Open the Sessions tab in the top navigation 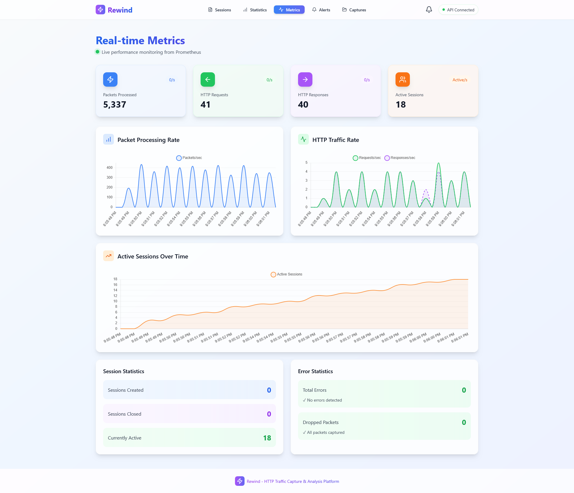point(220,10)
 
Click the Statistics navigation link point(255,10)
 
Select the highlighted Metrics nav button point(289,10)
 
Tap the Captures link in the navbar point(354,10)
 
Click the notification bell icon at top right point(429,10)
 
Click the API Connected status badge point(458,10)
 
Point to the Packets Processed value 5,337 point(115,105)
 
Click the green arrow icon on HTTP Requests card point(207,79)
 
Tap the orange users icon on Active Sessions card point(402,79)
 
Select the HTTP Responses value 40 point(303,105)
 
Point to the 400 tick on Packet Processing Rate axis point(109,168)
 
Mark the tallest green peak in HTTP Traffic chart point(439,163)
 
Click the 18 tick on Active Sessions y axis point(115,279)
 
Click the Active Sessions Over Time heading point(152,256)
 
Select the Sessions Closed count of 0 point(269,414)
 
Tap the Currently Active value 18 point(267,438)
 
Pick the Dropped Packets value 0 point(464,422)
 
